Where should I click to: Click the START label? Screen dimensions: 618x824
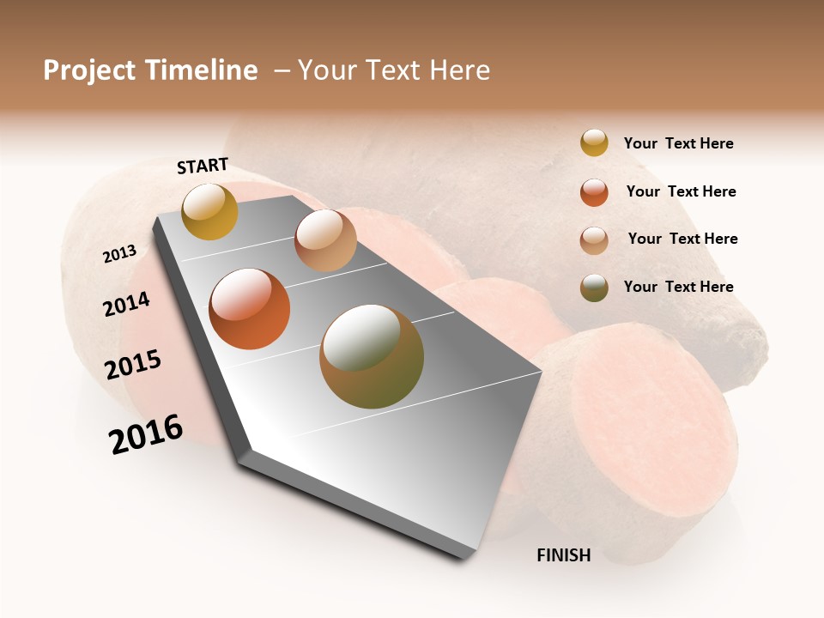[203, 166]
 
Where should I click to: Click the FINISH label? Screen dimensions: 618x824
[563, 555]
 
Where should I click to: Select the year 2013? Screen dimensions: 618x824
[119, 254]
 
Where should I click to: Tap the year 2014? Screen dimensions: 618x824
[126, 304]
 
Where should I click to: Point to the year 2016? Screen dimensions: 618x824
[146, 434]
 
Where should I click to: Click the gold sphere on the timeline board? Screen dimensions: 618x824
[209, 211]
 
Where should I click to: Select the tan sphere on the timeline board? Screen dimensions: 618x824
[325, 240]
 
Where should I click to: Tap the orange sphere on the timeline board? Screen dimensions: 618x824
[250, 309]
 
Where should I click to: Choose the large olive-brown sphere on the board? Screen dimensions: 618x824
[371, 356]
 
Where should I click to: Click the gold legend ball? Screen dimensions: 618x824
[594, 142]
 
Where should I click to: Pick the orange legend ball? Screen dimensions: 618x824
[594, 192]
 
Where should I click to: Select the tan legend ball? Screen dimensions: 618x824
[594, 240]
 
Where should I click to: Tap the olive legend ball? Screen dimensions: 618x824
[594, 288]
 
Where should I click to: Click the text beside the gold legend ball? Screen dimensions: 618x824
[678, 143]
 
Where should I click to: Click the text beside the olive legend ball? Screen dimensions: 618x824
[678, 287]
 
